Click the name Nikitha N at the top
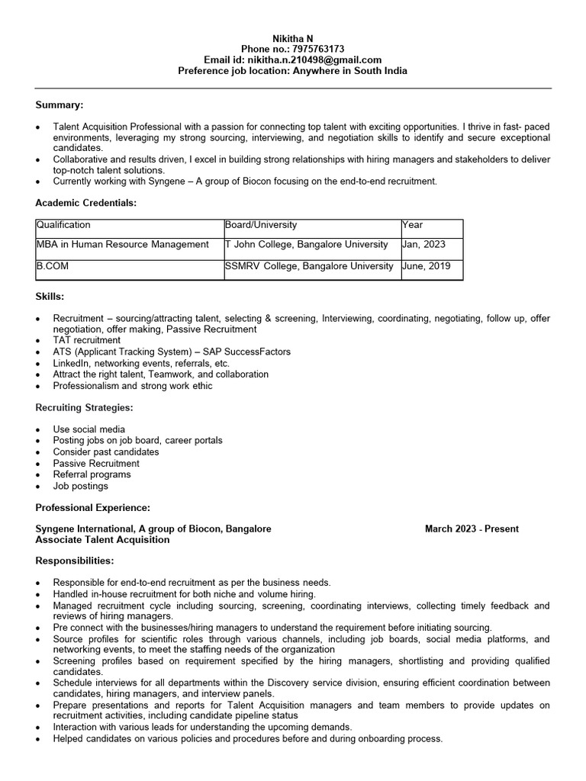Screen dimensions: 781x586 point(292,38)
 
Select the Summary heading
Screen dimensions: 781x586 point(60,104)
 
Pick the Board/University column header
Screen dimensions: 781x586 point(261,225)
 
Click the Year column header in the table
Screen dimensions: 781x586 point(413,225)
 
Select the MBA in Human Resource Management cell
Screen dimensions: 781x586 point(122,244)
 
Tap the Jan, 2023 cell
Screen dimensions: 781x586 point(425,244)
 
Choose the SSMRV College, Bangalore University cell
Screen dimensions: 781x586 point(309,266)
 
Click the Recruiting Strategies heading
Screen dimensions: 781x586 point(85,408)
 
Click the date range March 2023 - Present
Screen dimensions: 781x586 point(472,529)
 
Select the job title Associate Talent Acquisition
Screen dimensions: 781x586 point(102,539)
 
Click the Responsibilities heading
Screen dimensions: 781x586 point(75,561)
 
